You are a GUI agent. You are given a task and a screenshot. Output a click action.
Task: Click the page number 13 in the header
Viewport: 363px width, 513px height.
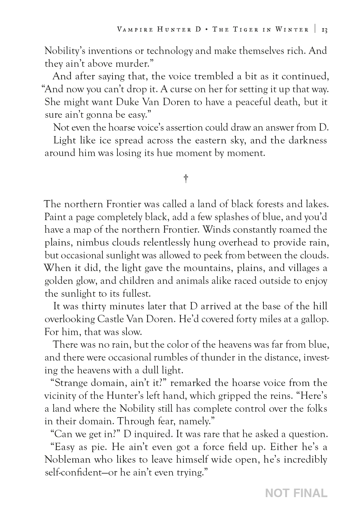point(324,30)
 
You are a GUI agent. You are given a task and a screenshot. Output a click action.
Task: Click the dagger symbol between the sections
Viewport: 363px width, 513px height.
point(186,179)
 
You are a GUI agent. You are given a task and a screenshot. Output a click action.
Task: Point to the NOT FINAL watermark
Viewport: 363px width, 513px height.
point(296,493)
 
